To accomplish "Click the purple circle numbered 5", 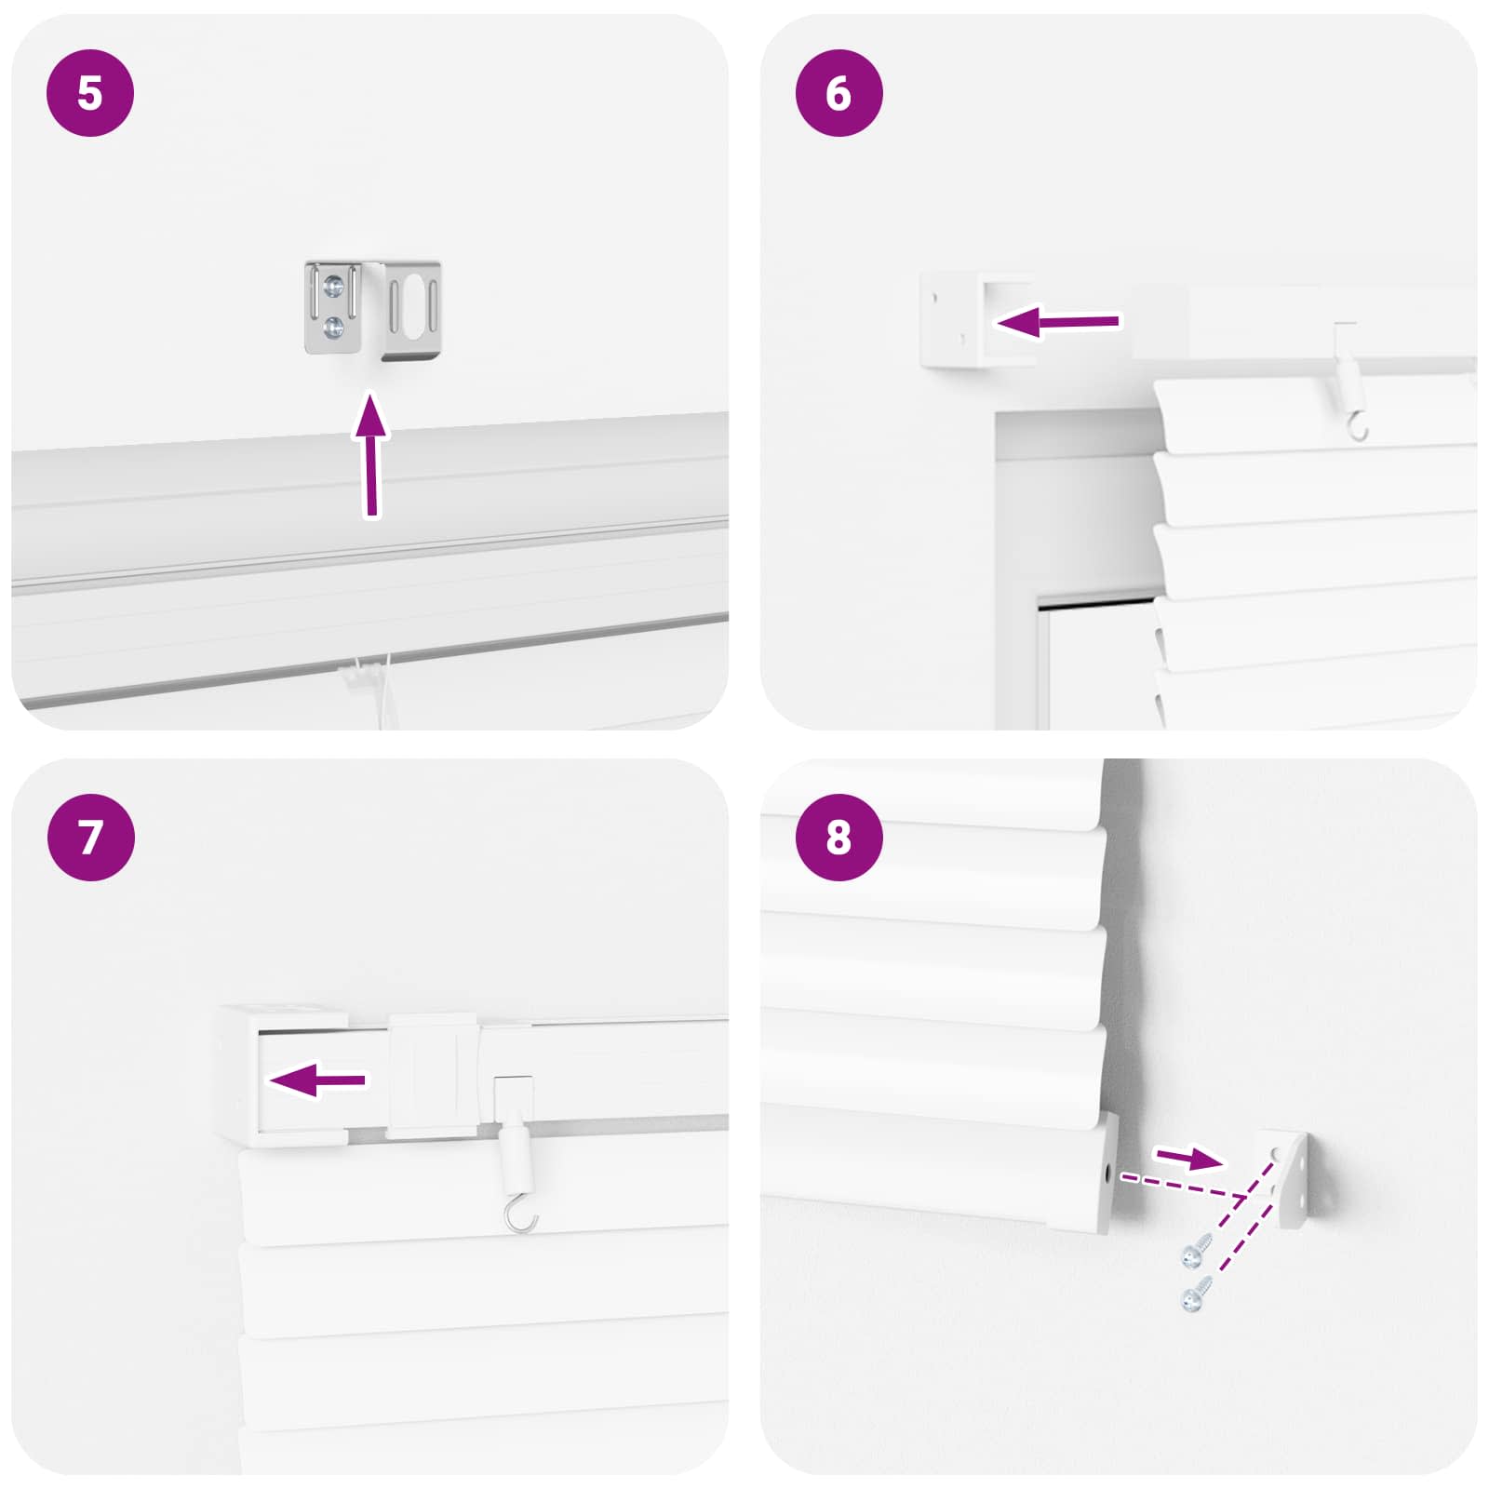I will point(90,93).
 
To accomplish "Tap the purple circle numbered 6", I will point(838,93).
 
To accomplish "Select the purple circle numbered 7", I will point(90,837).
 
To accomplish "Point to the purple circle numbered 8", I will point(838,837).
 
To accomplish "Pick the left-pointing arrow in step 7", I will point(316,1080).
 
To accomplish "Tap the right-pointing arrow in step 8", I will point(1188,1158).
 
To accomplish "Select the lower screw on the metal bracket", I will point(333,327).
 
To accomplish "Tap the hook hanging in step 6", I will point(1357,427).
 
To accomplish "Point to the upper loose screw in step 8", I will point(1196,1252).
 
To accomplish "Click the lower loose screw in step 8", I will point(1196,1294).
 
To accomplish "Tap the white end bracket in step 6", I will point(951,320).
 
